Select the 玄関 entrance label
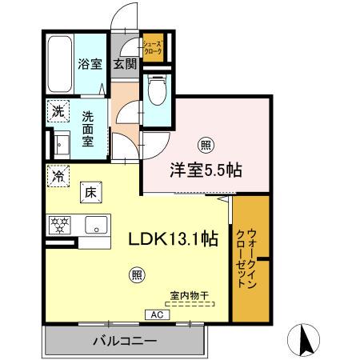click(x=123, y=64)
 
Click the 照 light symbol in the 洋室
click(x=206, y=145)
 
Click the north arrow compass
click(x=304, y=338)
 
